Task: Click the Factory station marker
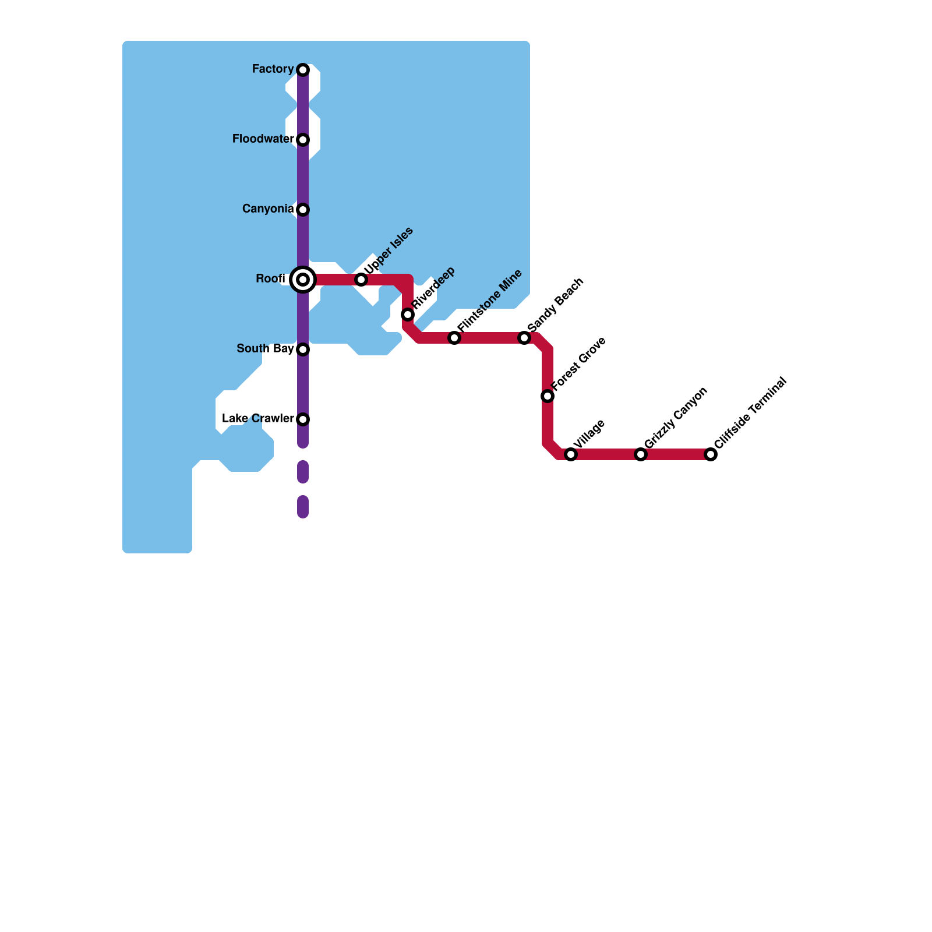pyautogui.click(x=303, y=70)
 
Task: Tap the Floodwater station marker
pyautogui.click(x=303, y=140)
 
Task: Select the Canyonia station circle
pyautogui.click(x=303, y=210)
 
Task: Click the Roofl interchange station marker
pyautogui.click(x=303, y=280)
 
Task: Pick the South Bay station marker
pyautogui.click(x=303, y=349)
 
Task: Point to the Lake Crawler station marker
pyautogui.click(x=303, y=419)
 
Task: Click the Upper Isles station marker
pyautogui.click(x=361, y=280)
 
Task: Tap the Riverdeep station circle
pyautogui.click(x=408, y=315)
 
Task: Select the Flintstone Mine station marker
pyautogui.click(x=454, y=338)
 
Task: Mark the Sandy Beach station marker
pyautogui.click(x=524, y=338)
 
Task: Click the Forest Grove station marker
pyautogui.click(x=548, y=396)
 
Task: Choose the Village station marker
pyautogui.click(x=571, y=454)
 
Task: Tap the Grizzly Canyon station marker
pyautogui.click(x=641, y=454)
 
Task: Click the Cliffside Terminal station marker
pyautogui.click(x=711, y=454)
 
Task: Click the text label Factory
pyautogui.click(x=273, y=69)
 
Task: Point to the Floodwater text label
pyautogui.click(x=263, y=139)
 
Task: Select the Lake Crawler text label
pyautogui.click(x=257, y=419)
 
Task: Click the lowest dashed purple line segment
pyautogui.click(x=303, y=507)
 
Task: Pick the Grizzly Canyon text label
pyautogui.click(x=676, y=418)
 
